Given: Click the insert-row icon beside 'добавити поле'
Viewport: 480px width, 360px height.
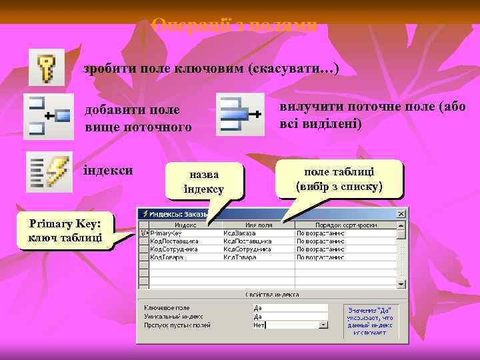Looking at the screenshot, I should (49, 116).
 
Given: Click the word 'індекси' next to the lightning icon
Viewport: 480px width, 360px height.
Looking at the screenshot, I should (108, 170).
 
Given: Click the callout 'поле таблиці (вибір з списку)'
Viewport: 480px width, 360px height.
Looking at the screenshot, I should (339, 178).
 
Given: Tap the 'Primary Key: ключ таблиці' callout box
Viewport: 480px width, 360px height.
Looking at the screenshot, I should (65, 230).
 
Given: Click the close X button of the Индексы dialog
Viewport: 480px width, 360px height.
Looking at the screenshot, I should (401, 215).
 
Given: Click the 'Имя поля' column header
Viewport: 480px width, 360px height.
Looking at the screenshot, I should (258, 225).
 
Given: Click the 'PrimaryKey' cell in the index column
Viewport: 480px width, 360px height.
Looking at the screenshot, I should (167, 233).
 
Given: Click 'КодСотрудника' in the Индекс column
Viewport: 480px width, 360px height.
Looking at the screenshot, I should (174, 249).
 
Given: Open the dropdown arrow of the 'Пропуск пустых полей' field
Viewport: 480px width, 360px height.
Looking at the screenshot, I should (323, 325).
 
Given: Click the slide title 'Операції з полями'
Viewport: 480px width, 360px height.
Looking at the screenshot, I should (234, 25).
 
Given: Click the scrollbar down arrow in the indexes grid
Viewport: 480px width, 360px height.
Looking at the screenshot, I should (401, 283).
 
